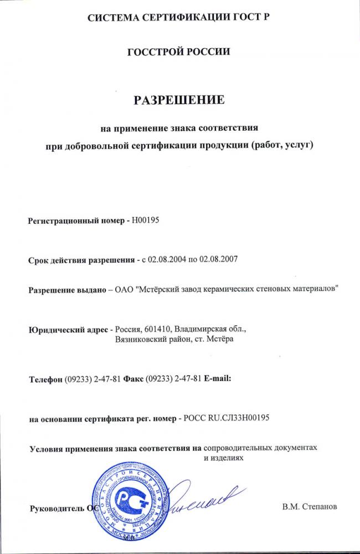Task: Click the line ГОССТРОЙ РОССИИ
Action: pos(178,52)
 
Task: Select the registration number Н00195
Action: pos(146,220)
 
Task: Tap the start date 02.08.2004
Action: pos(161,259)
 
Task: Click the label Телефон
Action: pos(45,379)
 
